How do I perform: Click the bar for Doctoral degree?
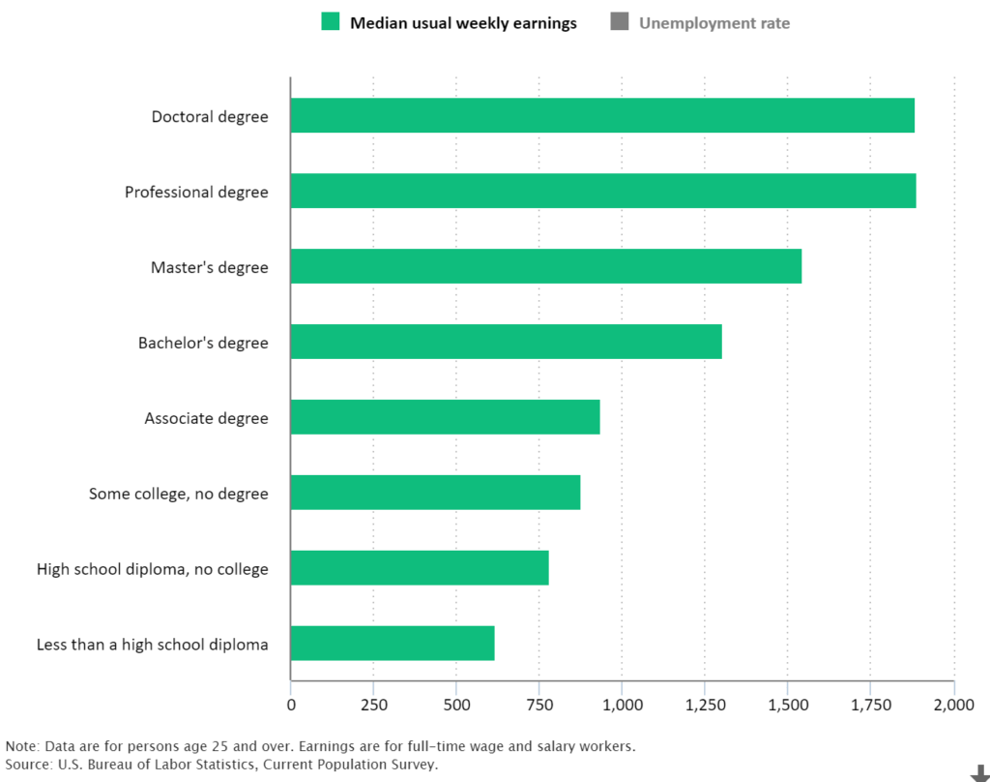click(601, 116)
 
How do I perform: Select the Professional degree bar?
click(602, 192)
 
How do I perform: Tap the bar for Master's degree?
click(545, 267)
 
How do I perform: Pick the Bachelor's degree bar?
click(506, 343)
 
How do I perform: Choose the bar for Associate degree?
click(445, 417)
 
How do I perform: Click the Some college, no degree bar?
click(435, 493)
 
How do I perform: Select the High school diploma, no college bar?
click(420, 568)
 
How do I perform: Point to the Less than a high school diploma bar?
click(393, 644)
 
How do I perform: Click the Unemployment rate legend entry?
click(713, 23)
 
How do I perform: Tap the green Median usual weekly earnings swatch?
click(332, 22)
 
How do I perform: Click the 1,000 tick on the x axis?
click(622, 706)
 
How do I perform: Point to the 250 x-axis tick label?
click(373, 706)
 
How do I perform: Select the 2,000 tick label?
click(953, 706)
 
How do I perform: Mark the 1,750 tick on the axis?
click(870, 706)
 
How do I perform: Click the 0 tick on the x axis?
click(291, 706)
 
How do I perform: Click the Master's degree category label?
click(209, 268)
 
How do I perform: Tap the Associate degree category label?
click(206, 419)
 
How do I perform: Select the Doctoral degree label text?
click(210, 117)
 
